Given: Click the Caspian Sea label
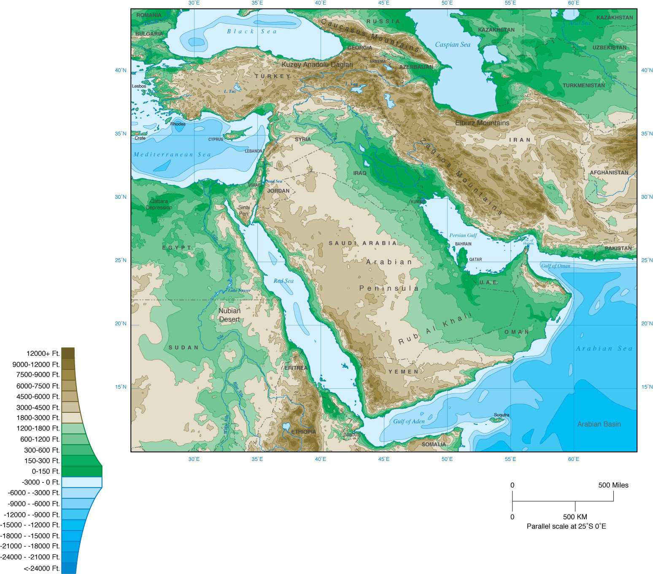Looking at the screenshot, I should (x=452, y=45).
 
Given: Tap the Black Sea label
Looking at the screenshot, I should (x=252, y=31).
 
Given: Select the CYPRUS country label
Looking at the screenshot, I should (x=216, y=139).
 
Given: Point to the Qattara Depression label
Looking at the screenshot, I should (x=159, y=204).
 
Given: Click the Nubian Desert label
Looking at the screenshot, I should (x=229, y=315).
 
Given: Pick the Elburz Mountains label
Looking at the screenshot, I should (x=482, y=123).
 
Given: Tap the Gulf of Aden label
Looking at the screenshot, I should (x=409, y=421).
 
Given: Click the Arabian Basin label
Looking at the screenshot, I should (x=599, y=424).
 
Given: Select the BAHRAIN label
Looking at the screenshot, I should (x=463, y=244).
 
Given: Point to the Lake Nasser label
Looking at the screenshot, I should (x=239, y=290).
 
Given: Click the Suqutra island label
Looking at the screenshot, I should (x=502, y=415).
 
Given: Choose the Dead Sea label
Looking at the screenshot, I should (x=274, y=181).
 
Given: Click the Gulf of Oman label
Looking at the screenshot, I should (x=556, y=266).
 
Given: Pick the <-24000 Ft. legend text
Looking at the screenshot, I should (x=42, y=569).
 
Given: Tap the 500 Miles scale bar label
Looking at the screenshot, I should (x=613, y=485).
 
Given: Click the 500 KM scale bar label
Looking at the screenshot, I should (x=575, y=517).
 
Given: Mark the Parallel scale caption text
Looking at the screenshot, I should (x=566, y=526).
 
